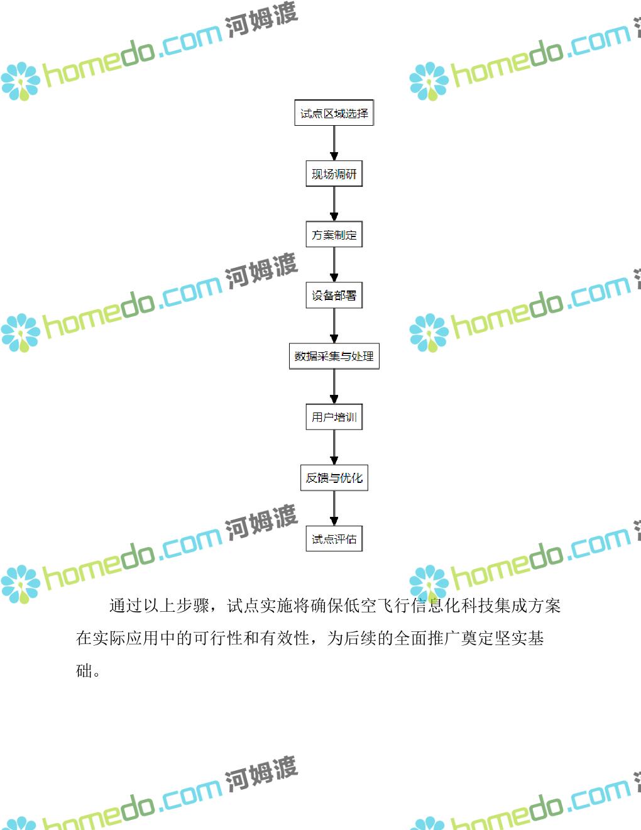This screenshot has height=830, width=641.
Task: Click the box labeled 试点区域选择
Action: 334,113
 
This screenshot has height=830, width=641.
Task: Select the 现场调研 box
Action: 334,174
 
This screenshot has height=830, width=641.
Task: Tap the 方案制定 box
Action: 334,235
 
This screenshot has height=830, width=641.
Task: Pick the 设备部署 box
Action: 334,296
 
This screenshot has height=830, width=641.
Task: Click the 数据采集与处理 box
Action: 334,357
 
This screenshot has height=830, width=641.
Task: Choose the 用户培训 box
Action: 334,417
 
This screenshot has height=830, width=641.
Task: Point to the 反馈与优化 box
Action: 334,478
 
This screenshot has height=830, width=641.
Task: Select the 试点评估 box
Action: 334,539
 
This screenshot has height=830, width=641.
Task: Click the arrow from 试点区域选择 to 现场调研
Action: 334,143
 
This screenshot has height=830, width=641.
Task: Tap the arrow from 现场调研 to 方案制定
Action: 334,204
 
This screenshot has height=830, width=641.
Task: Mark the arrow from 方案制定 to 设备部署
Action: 334,265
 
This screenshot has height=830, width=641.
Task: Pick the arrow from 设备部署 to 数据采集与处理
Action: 334,326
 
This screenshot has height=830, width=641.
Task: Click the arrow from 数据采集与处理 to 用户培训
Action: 334,387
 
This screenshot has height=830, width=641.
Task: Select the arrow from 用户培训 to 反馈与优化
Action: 334,447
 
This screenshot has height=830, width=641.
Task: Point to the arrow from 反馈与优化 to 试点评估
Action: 334,509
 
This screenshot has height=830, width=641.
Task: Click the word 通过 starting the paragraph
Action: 126,606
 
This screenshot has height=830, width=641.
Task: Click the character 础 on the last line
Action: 84,671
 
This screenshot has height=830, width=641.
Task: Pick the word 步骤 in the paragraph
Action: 193,606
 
